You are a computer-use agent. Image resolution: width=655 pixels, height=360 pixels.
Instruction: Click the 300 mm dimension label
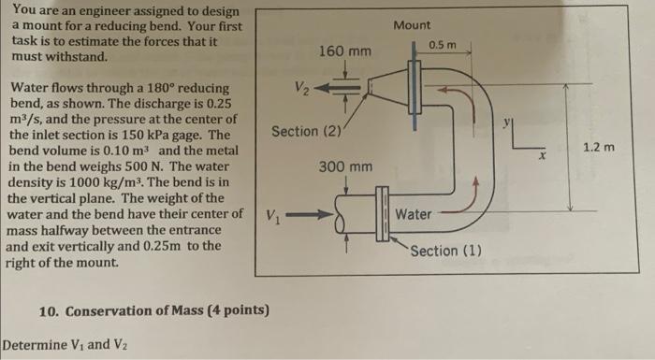coord(345,166)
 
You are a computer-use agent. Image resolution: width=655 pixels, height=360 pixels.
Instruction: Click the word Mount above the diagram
coord(412,24)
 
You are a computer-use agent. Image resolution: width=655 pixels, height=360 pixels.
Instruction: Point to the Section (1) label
coord(446,251)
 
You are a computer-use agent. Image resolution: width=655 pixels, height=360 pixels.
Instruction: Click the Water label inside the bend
coord(413,214)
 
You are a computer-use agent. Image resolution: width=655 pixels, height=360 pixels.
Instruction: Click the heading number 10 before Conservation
coord(51,310)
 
